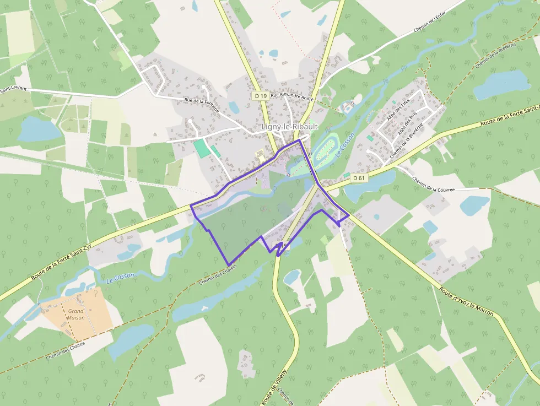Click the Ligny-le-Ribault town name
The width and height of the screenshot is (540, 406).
point(289,127)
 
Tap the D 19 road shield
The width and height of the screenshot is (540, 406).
point(261,96)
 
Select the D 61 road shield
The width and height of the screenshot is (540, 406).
point(359,178)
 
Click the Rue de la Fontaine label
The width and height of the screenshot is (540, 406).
point(202,105)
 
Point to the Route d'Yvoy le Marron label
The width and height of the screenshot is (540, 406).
point(468,302)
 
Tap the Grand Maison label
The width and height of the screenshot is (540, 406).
point(75,315)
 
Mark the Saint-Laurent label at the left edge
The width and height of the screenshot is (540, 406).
point(12,89)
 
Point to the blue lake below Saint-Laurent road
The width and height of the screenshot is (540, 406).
point(39,129)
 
